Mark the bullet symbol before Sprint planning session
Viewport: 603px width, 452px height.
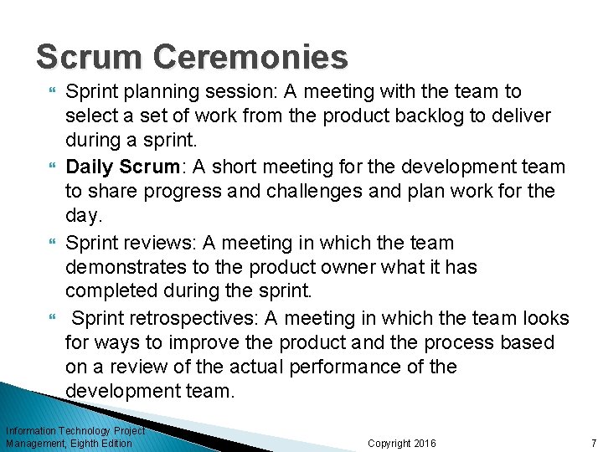click(54, 91)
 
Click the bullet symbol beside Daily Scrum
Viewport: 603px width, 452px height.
click(54, 167)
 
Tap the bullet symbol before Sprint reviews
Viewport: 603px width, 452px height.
click(54, 243)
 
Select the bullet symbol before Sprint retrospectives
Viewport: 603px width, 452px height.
click(54, 319)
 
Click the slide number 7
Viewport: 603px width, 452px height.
click(593, 443)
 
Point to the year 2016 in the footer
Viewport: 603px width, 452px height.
click(425, 443)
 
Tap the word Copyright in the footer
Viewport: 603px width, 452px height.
click(389, 443)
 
